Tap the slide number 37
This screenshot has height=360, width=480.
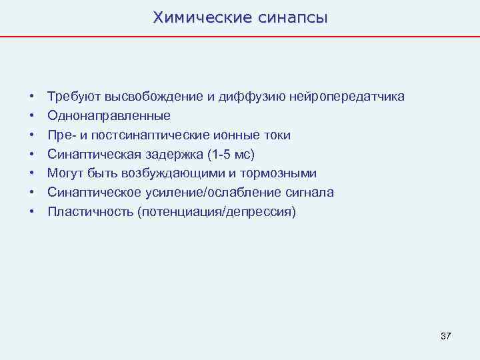click(446, 336)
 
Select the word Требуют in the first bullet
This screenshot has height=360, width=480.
click(69, 97)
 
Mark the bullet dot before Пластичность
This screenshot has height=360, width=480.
click(31, 213)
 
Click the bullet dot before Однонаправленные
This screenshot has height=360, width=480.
click(31, 117)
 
